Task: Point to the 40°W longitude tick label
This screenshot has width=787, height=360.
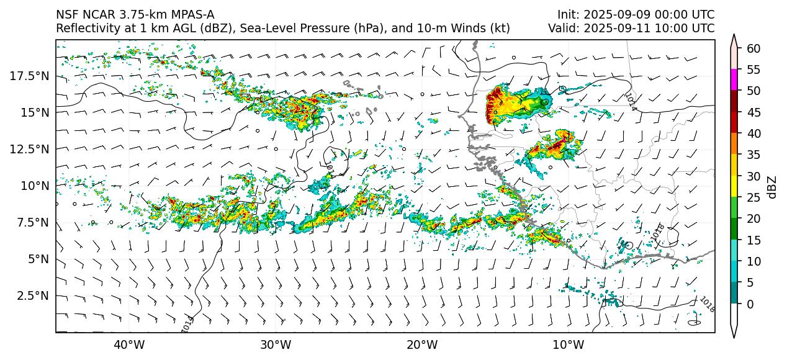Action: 129,344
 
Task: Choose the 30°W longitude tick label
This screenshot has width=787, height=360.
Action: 276,344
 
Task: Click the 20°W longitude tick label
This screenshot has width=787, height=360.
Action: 422,344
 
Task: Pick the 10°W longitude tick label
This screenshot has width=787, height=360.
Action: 568,344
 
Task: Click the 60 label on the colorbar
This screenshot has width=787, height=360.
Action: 753,48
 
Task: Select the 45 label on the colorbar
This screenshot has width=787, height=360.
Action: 753,112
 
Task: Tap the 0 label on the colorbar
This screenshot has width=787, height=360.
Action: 750,304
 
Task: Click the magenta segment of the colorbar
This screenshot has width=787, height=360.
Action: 734,80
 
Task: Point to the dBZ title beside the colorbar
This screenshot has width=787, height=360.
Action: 772,186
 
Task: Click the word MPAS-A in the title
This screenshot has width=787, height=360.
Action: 191,14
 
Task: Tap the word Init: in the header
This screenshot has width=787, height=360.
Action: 569,14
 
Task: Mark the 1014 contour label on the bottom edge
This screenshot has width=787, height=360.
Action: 187,323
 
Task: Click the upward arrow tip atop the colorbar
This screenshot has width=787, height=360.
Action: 734,36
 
